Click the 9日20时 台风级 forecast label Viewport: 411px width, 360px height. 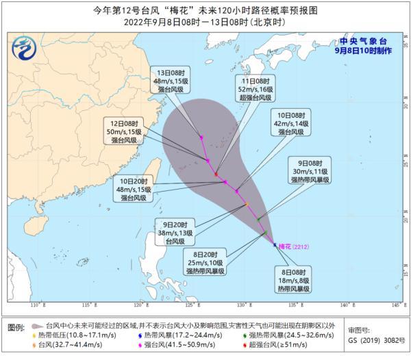click(177, 232)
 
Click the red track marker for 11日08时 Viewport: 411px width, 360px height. click(216, 174)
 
